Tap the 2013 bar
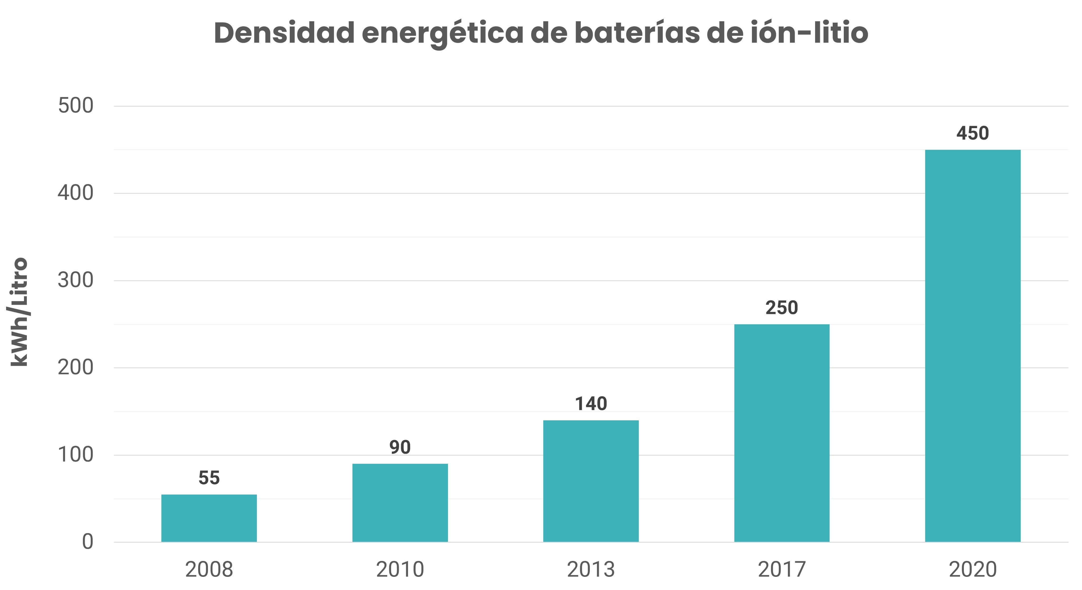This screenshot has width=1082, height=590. click(591, 481)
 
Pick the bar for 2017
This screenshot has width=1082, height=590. click(782, 433)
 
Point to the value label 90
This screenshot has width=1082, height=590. click(400, 447)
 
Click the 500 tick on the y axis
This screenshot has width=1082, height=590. click(76, 106)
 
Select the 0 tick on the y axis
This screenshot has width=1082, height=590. click(87, 542)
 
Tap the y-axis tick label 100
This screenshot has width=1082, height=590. click(76, 455)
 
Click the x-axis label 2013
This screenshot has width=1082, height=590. click(591, 570)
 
